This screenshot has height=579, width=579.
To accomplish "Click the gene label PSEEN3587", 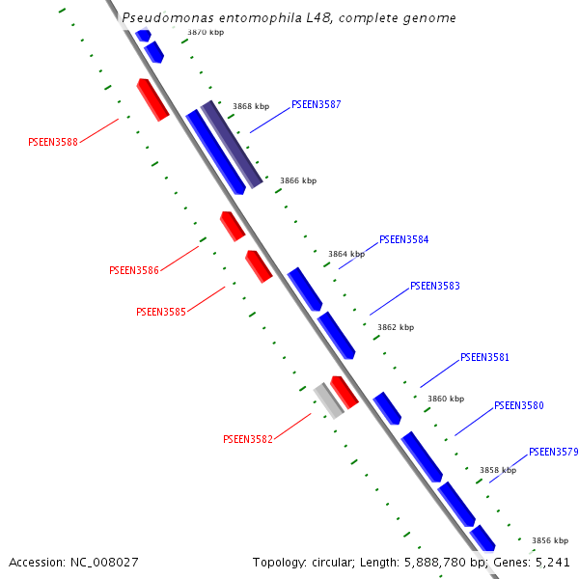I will [x=317, y=104].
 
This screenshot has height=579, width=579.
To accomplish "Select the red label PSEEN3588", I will [x=53, y=142].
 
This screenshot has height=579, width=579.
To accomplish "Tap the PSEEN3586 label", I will [x=134, y=270].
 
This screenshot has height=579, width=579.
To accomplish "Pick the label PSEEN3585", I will [x=161, y=312].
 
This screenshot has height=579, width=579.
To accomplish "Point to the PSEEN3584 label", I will [x=404, y=239].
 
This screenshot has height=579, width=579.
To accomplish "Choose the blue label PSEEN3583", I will [x=435, y=286].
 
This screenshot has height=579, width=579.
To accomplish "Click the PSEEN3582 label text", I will [x=248, y=439].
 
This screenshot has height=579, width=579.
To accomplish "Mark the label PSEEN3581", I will [x=484, y=357].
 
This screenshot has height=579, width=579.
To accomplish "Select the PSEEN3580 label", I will [x=519, y=405].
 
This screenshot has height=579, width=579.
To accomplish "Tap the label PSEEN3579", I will [x=554, y=452].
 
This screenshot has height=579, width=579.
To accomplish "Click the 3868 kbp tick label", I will [x=251, y=107].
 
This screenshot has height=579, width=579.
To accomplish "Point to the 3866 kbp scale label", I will [x=298, y=180].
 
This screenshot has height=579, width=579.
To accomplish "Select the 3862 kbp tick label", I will [x=395, y=327].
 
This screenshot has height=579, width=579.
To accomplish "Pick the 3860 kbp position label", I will [x=446, y=399].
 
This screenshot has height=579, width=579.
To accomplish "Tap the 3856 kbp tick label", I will [x=550, y=540].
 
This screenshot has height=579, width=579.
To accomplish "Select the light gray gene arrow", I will [x=329, y=400].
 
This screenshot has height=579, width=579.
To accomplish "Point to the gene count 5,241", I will [x=552, y=562].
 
